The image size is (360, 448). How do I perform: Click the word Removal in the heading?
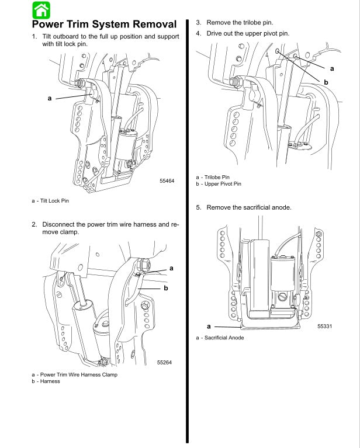coord(148,25)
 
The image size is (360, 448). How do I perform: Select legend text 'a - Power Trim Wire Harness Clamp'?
coord(74,374)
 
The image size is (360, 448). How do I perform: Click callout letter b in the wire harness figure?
coord(166,288)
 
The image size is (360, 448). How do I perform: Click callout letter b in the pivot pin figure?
coord(326,82)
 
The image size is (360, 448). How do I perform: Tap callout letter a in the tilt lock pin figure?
coord(50,98)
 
